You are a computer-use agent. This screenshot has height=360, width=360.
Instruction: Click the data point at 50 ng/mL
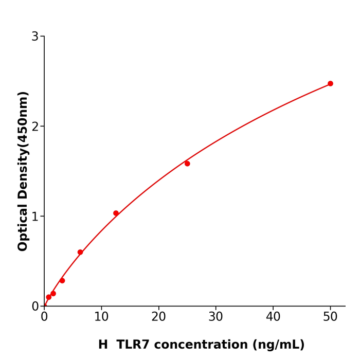click(330, 83)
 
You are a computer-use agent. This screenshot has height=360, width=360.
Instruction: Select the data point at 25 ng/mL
click(187, 164)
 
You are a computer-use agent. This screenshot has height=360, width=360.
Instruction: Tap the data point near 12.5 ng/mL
click(116, 213)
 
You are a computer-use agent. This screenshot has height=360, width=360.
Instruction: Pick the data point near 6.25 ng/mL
click(80, 252)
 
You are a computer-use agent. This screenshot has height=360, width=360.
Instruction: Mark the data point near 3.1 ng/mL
click(62, 280)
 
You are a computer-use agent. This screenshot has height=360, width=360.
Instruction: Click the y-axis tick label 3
click(35, 37)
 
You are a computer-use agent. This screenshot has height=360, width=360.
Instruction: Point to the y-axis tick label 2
click(35, 127)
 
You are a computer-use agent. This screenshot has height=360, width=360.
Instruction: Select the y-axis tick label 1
click(35, 217)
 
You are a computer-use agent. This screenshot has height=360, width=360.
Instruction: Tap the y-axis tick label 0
click(35, 307)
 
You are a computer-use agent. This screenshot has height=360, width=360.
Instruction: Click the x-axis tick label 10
click(101, 317)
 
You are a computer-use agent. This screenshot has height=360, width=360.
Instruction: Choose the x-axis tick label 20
click(158, 317)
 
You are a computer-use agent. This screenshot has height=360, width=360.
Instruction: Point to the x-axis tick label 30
click(216, 317)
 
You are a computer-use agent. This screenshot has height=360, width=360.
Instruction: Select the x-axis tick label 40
click(273, 317)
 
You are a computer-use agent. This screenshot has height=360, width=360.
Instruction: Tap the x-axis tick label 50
click(330, 317)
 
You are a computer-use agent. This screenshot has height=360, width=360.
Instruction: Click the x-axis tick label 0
click(44, 317)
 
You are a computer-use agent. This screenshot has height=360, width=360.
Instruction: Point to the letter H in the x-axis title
click(103, 345)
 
